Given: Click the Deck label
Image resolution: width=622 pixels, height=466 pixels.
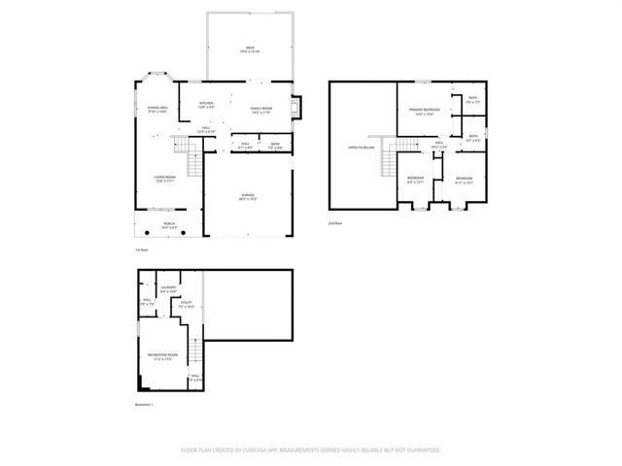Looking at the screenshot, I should (x=249, y=50).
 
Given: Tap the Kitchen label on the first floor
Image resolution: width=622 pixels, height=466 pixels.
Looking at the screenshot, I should (x=207, y=107).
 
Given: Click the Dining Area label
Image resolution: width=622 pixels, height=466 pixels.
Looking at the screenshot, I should (x=157, y=110).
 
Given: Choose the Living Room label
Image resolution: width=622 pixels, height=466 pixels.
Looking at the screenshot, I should (x=163, y=179).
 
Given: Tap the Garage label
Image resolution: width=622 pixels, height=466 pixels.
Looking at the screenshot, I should (x=249, y=198).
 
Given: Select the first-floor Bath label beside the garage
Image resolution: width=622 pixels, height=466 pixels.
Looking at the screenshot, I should (x=276, y=147).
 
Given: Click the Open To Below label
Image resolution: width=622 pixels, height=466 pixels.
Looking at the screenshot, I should (x=362, y=148).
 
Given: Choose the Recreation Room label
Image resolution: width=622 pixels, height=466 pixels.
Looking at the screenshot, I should (x=160, y=357).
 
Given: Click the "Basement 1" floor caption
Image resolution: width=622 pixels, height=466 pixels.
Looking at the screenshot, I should (x=145, y=404).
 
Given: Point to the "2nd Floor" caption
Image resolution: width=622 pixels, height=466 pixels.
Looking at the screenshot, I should (x=334, y=223).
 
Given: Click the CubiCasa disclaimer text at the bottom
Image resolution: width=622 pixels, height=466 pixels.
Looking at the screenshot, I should (x=311, y=450).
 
